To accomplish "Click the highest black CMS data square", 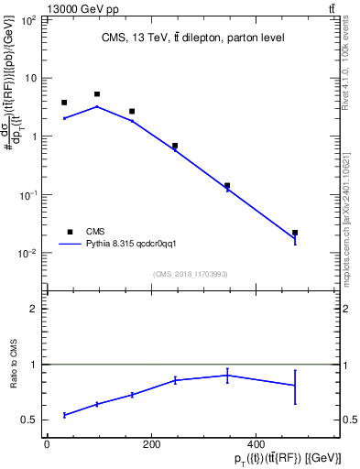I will [x=97, y=94].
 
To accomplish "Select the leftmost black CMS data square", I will [x=64, y=103].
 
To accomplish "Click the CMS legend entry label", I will [x=96, y=232].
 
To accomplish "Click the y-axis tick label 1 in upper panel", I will [x=35, y=136].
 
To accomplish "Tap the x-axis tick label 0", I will [x=47, y=444].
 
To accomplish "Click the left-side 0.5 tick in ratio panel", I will [x=30, y=420].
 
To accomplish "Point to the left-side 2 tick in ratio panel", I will [x=35, y=310].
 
